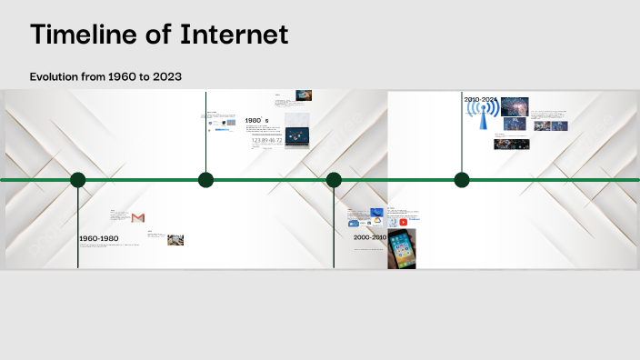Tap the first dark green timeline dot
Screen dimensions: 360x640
coord(78,180)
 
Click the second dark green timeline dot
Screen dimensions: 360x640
coord(206,180)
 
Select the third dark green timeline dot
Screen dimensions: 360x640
coord(334,180)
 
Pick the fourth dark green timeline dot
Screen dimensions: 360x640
coord(462,180)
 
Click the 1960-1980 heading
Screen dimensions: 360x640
coord(98,239)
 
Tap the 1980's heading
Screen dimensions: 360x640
coord(256,121)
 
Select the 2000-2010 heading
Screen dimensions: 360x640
coord(370,237)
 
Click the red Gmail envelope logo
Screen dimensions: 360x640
coord(138,218)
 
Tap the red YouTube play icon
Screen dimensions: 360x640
coord(403,222)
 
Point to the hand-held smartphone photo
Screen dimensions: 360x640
coord(402,247)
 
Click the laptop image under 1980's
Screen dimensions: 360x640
coord(296,135)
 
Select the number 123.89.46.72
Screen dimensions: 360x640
coord(266,141)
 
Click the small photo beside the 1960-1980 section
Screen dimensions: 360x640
coord(175,240)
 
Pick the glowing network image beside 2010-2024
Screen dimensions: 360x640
coord(515,105)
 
